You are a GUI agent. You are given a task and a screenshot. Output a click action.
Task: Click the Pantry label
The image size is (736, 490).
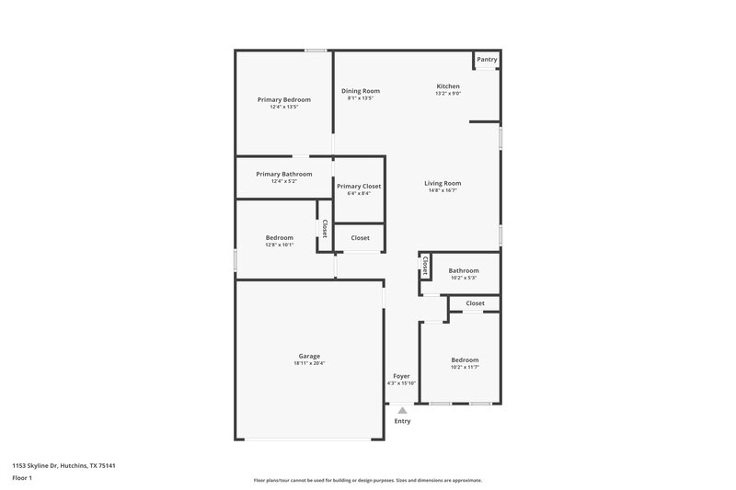tap(487, 60)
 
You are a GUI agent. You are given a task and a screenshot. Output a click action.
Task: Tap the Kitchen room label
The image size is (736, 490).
tap(448, 86)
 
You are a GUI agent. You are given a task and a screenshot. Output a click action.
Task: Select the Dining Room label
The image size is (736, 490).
tap(361, 91)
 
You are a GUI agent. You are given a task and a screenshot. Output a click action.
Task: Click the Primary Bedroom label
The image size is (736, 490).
tap(283, 99)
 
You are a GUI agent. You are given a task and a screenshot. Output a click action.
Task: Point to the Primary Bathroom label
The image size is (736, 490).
tap(283, 174)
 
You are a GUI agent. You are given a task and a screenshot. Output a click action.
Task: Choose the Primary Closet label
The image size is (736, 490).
tap(359, 186)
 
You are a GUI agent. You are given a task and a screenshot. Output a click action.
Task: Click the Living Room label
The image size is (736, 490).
tap(443, 183)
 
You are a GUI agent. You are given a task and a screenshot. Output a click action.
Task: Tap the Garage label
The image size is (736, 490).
tap(309, 356)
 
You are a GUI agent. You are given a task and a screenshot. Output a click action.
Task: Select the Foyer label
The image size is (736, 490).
tap(401, 376)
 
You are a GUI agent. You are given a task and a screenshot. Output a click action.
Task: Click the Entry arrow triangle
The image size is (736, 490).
tap(402, 410)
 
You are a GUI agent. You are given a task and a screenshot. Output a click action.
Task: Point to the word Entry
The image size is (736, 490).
tap(403, 421)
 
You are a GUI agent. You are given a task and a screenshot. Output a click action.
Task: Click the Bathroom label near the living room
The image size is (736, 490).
tap(464, 270)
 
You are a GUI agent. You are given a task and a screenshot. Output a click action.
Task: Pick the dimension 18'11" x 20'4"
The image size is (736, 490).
tap(309, 363)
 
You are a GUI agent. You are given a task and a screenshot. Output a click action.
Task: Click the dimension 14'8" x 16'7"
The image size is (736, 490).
tap(443, 190)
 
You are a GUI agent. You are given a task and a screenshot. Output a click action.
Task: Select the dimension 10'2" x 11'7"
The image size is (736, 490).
tap(465, 367)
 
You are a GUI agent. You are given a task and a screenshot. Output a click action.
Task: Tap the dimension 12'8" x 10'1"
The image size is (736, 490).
tap(280, 245)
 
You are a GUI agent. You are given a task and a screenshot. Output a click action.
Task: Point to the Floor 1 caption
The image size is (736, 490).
tap(21, 479)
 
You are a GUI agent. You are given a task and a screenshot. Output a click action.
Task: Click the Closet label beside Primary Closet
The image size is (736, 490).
tap(360, 238)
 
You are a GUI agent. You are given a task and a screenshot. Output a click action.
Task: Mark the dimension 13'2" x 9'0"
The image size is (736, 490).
tap(448, 93)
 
